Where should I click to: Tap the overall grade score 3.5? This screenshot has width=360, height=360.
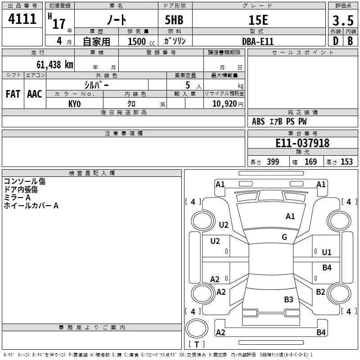coord(342,20)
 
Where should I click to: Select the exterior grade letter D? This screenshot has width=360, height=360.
coord(335,40)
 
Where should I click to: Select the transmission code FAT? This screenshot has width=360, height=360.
coord(13,94)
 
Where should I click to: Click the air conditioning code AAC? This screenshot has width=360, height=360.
coord(35,94)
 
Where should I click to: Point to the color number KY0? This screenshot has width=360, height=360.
coord(74,104)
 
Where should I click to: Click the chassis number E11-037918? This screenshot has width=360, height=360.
coord(302,143)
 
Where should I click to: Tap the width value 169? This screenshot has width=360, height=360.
coord(311,162)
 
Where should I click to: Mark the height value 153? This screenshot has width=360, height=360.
coord(346,162)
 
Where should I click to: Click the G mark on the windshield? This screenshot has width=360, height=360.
coord(284,237)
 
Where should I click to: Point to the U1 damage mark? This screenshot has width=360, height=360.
coord(327,252)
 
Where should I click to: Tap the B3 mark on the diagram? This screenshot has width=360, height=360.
coord(288,299)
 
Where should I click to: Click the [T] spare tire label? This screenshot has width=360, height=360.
coord(196,345)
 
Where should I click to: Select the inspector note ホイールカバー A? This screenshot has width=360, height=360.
coord(31,206)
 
